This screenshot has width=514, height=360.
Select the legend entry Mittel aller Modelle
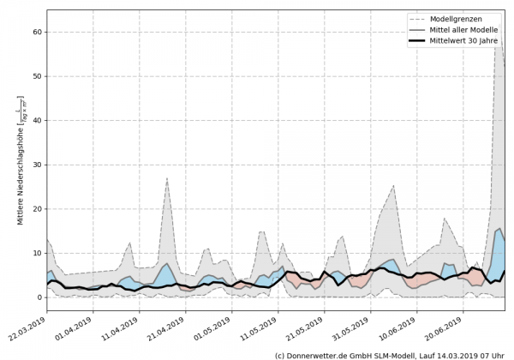[x=469, y=30]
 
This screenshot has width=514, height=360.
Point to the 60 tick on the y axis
[x=38, y=33]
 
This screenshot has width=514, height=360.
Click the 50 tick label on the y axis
[x=38, y=76]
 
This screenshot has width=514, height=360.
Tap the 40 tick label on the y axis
[x=38, y=121]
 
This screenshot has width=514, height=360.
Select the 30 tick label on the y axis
[x=38, y=165]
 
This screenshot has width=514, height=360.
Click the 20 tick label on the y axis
[x=38, y=209]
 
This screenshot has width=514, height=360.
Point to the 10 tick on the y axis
[x=38, y=253]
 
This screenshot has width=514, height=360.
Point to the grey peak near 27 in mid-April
[x=167, y=178]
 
